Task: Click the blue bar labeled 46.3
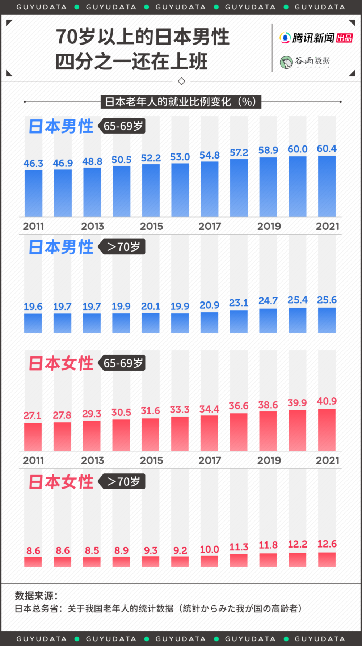tap(33, 193)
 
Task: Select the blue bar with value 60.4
tap(327, 186)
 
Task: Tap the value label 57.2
tap(239, 153)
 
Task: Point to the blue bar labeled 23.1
tap(239, 321)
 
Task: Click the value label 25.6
tap(327, 300)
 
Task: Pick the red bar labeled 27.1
tap(33, 437)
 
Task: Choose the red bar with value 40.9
tap(327, 430)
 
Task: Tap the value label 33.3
tap(180, 410)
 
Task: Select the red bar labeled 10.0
tap(209, 561)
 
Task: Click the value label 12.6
tap(327, 544)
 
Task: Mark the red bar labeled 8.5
tap(92, 562)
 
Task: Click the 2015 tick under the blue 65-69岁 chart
tap(151, 226)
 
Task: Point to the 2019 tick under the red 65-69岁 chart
tap(269, 460)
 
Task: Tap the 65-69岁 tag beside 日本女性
tap(122, 363)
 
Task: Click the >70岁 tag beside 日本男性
tap(122, 247)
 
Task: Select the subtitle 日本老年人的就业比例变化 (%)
tap(181, 102)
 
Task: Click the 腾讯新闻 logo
tap(316, 38)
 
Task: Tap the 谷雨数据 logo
tap(305, 62)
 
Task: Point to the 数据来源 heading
tap(36, 595)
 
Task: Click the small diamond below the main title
tap(182, 81)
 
